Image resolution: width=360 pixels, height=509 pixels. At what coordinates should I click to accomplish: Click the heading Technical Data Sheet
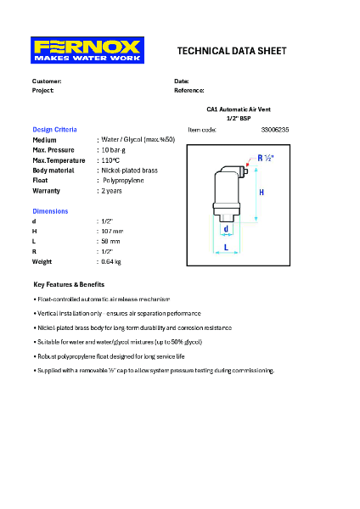click(x=232, y=51)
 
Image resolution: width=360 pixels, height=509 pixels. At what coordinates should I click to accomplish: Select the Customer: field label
click(x=47, y=81)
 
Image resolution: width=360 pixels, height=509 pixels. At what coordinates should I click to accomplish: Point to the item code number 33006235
click(x=275, y=129)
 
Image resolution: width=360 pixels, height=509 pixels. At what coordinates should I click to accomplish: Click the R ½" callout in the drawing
click(x=265, y=159)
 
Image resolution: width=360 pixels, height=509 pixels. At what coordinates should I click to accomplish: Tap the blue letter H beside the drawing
click(x=262, y=193)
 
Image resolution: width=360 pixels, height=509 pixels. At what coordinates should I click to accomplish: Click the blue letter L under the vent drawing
click(x=225, y=248)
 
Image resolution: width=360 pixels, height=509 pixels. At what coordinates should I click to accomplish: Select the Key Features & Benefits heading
click(x=69, y=284)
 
